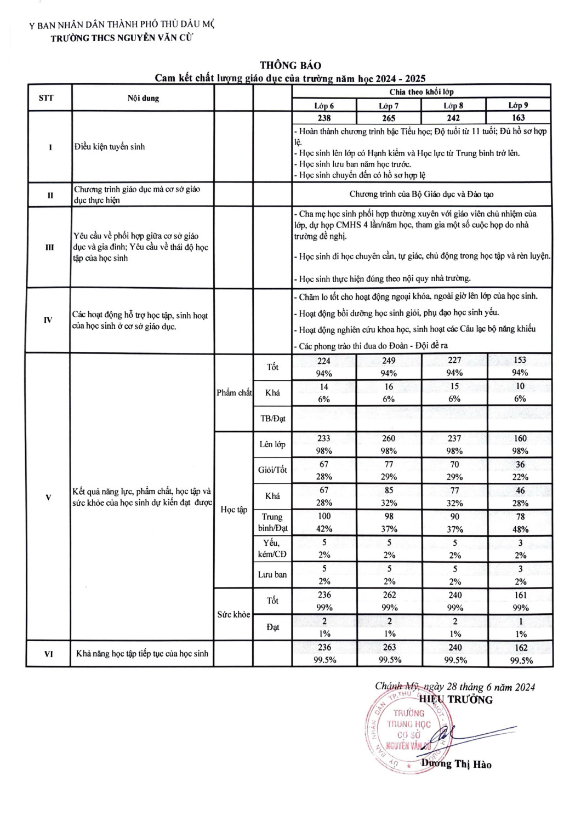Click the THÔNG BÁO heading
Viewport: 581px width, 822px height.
pos(290,66)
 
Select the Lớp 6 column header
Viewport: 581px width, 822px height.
pos(324,105)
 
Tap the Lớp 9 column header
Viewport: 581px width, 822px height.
pos(519,105)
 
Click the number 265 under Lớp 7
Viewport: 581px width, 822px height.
pos(389,118)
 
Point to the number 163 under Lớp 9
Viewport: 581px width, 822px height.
pos(519,117)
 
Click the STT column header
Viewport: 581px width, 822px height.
pos(47,98)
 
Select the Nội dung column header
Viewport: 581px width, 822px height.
pos(143,98)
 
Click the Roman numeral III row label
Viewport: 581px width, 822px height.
pos(49,247)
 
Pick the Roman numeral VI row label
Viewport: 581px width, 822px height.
pos(49,654)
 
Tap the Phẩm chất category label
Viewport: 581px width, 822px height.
pos(234,392)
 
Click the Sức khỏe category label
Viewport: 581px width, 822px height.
pos(233,614)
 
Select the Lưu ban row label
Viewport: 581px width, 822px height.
pos(272,575)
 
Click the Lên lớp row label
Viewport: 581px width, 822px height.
pos(272,444)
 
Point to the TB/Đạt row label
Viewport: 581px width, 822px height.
pos(272,419)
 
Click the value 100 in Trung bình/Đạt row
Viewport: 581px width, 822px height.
pos(324,516)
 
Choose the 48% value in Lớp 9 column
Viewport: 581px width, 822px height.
pos(520,529)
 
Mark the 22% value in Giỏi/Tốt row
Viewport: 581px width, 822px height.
pos(520,477)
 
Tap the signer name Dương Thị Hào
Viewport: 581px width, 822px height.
pos(457,764)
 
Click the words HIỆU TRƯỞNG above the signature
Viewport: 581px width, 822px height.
pos(455,700)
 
